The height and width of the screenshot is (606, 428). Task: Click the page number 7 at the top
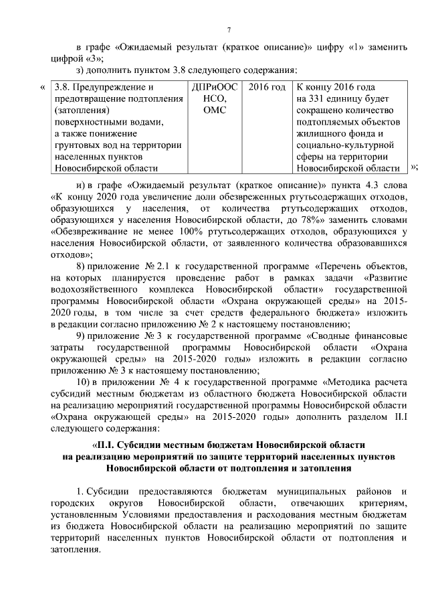(229, 30)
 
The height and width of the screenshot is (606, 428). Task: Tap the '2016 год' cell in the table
(267, 88)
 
